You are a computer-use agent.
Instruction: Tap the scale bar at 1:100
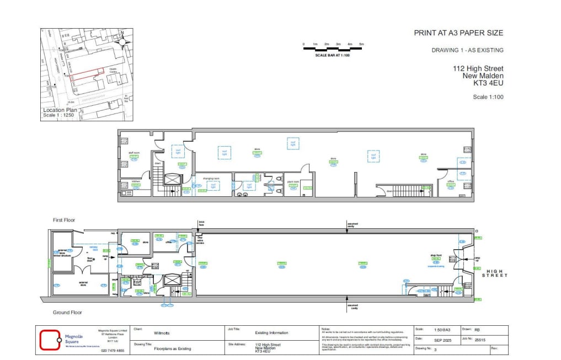333,49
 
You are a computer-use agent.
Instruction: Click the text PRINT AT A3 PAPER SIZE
458,33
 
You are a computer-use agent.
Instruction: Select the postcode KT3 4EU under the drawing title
488,84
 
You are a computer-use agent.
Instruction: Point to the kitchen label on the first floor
136,181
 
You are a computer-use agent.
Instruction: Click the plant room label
292,181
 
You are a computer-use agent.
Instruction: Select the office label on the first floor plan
451,181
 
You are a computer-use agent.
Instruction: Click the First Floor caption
64,220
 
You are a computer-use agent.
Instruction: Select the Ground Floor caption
68,313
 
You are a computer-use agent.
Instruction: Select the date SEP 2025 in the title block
442,340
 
